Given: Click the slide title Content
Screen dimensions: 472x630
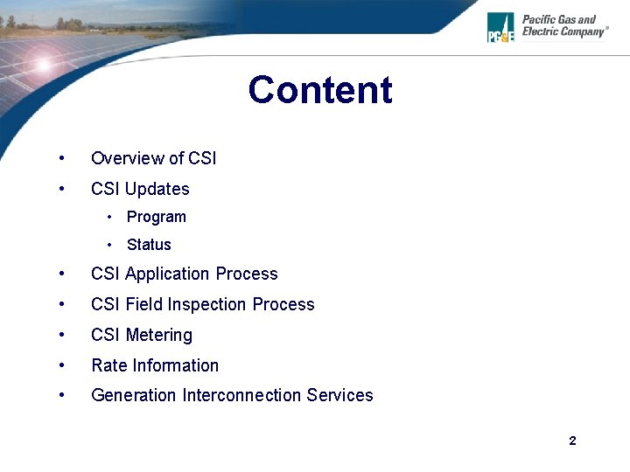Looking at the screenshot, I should pyautogui.click(x=319, y=90).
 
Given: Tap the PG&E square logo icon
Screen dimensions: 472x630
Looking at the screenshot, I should pyautogui.click(x=500, y=27).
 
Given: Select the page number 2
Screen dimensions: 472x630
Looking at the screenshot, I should pyautogui.click(x=572, y=441).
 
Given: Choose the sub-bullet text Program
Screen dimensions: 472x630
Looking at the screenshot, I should pyautogui.click(x=156, y=217).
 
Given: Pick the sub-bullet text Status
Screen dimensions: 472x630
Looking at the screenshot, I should pyautogui.click(x=149, y=245).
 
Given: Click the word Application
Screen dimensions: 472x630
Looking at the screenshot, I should pyautogui.click(x=168, y=274).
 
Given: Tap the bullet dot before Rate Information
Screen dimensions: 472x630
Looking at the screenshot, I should pyautogui.click(x=60, y=365).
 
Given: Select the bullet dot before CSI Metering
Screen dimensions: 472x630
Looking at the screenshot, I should pyautogui.click(x=60, y=335).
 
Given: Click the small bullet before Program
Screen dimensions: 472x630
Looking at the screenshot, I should pyautogui.click(x=109, y=217).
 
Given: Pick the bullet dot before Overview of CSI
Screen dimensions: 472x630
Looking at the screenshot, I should pyautogui.click(x=60, y=158).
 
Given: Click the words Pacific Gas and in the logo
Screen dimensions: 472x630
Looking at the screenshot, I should pyautogui.click(x=558, y=19).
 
